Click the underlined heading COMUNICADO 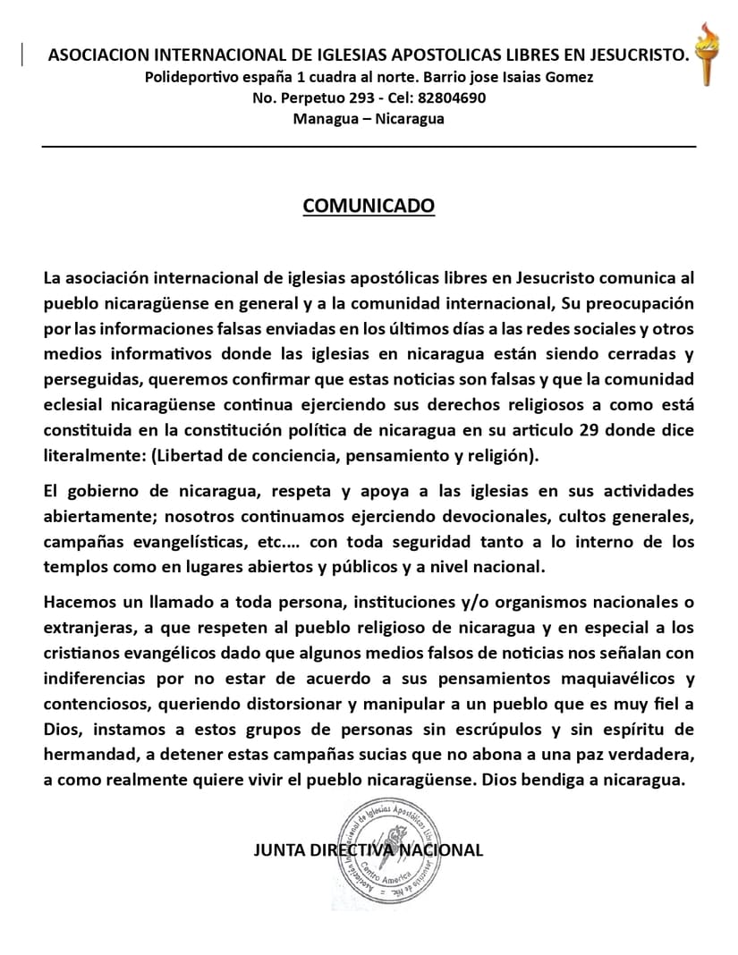point(369,207)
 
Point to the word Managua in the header point(323,118)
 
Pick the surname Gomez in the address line point(565,77)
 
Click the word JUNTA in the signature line point(279,850)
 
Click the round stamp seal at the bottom point(394,851)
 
